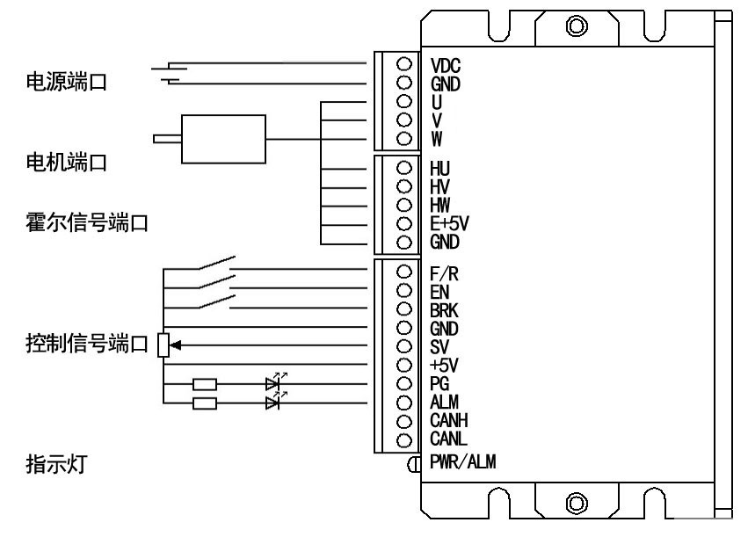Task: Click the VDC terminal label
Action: point(446,66)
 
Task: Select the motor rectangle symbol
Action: point(222,139)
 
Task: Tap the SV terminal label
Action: point(440,346)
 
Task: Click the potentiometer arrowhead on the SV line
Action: point(177,345)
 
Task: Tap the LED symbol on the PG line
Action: point(272,384)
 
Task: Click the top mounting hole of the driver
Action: point(577,25)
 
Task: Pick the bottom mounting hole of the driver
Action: point(577,504)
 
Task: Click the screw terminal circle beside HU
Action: point(404,167)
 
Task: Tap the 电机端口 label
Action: point(61,164)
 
